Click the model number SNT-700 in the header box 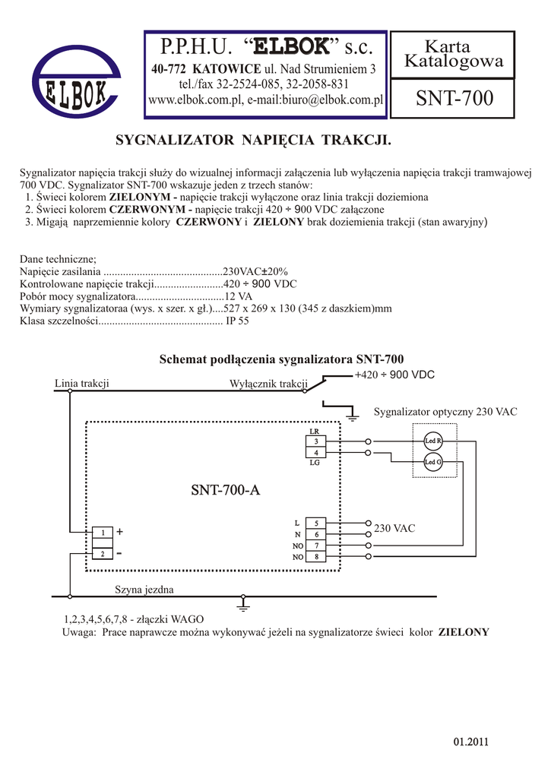point(453,98)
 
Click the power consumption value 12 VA point(237,296)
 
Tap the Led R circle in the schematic point(433,441)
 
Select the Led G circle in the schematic point(433,462)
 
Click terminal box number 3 point(315,441)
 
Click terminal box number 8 point(315,557)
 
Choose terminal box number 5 point(315,523)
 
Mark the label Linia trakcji point(82,383)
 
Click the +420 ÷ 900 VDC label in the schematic point(394,375)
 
